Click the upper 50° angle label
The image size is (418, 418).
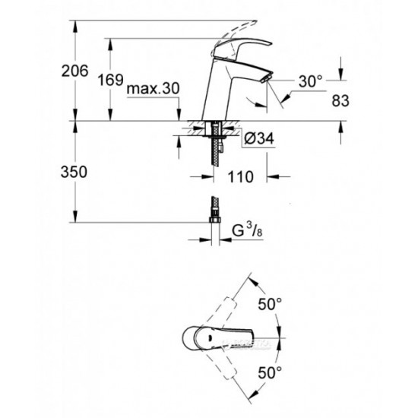(271, 303)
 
